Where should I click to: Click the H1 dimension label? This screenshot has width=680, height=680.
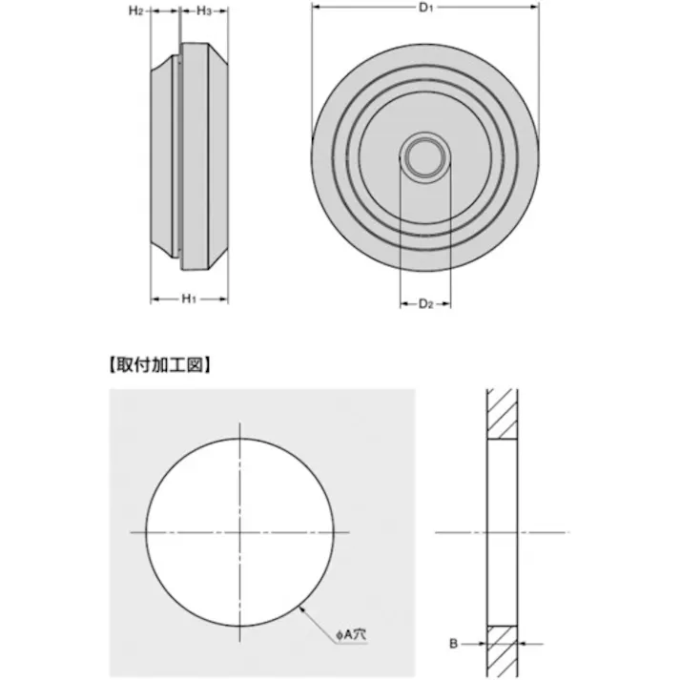[x=189, y=299]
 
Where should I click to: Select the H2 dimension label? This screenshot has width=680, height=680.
[x=136, y=10]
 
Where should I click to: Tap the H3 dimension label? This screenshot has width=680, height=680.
[x=202, y=10]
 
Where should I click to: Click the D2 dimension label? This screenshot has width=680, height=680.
[x=426, y=304]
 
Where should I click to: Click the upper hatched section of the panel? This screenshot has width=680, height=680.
[x=503, y=413]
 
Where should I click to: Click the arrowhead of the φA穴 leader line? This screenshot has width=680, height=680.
[x=301, y=608]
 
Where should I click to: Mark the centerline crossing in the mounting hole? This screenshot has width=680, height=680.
[x=240, y=530]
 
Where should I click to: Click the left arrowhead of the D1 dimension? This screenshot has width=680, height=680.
[x=316, y=10]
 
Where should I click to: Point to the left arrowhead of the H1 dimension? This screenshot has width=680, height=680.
[x=154, y=299]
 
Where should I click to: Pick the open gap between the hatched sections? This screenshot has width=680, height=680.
[x=503, y=530]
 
